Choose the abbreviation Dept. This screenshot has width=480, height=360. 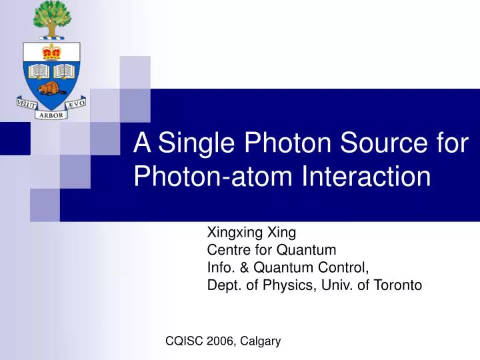pos(223,285)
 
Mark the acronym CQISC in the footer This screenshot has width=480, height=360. pos(184,341)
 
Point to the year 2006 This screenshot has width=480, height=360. pos(221,341)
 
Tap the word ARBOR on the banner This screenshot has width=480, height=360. pos(49,115)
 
